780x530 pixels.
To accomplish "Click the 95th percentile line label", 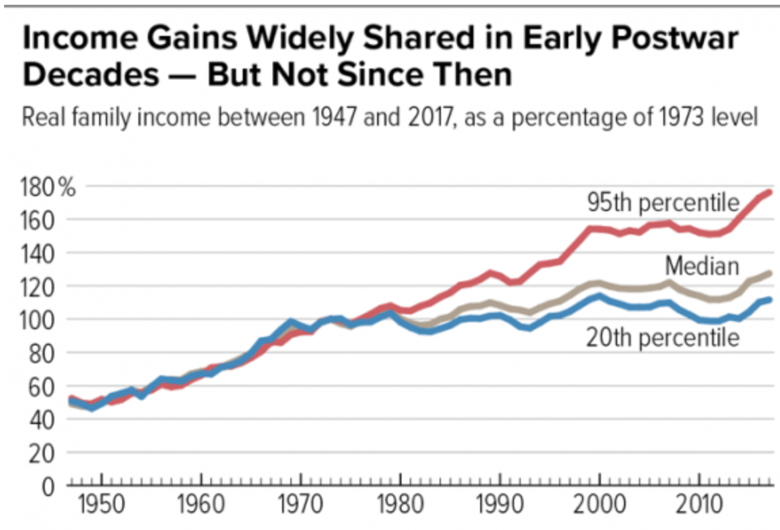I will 663,202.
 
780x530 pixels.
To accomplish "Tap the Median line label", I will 701,265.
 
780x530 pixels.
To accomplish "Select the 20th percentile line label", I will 662,337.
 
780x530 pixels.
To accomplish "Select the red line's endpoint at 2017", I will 770,193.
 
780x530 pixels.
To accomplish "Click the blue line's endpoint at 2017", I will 770,299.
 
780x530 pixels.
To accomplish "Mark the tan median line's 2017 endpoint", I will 770,273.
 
